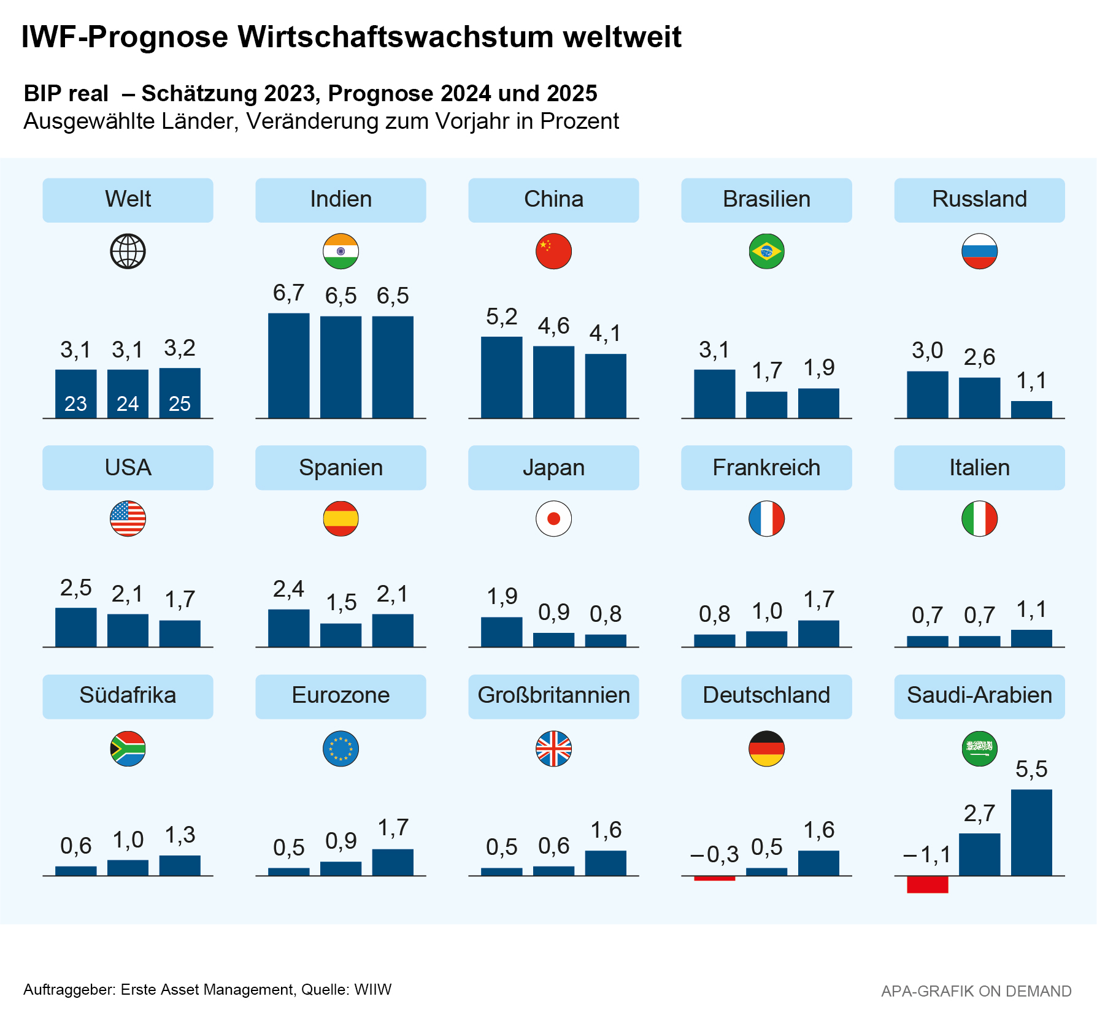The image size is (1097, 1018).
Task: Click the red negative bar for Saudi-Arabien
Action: point(927,884)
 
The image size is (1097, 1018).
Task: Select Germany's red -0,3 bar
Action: point(714,878)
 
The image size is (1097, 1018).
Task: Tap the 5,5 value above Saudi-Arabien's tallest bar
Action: point(1031,769)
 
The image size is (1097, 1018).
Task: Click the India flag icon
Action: point(341,251)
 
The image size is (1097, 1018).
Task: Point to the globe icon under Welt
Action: point(128,251)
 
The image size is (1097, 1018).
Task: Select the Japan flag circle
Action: point(553,519)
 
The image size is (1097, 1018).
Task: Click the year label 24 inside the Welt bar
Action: point(128,404)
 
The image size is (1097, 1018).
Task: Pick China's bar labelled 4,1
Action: point(606,386)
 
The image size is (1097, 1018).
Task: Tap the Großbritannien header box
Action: point(553,696)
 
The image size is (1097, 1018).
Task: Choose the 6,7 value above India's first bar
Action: point(288,293)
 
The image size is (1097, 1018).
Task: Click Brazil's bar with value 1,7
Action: point(766,405)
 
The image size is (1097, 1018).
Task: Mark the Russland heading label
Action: point(979,199)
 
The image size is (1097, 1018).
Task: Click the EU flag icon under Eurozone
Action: point(341,749)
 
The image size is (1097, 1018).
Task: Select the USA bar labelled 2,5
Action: point(75,627)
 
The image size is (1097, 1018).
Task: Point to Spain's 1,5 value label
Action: point(341,603)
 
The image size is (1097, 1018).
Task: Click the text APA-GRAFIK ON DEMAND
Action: point(976,991)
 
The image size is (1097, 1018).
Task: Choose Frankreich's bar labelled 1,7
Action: point(818,634)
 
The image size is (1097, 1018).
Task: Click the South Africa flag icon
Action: point(128,749)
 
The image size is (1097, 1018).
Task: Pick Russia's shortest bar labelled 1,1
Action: point(1031,410)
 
